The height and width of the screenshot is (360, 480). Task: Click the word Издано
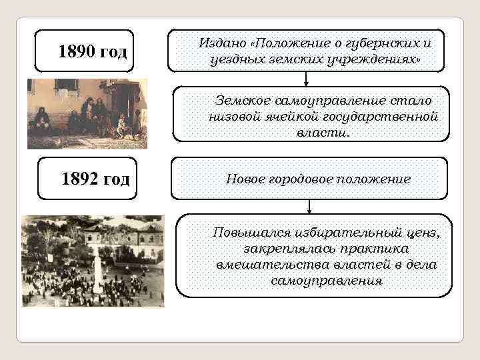(x=222, y=43)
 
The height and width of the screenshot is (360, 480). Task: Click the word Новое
(x=247, y=180)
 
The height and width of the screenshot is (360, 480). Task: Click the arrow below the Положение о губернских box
(x=305, y=80)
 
